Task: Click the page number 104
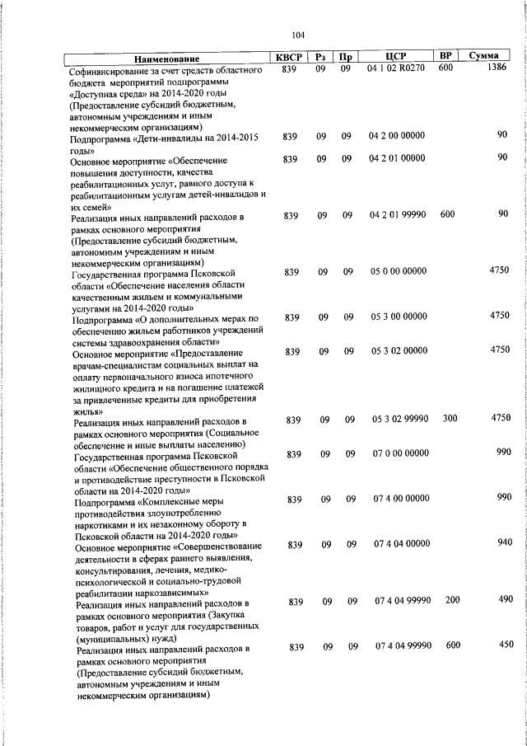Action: click(298, 34)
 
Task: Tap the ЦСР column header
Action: click(397, 57)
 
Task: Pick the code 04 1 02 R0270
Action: click(396, 69)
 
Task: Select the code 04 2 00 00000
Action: click(397, 135)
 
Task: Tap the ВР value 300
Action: click(450, 419)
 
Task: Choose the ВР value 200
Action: click(452, 600)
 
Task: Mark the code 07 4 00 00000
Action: click(401, 498)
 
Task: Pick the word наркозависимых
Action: click(161, 593)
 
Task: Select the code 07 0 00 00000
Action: click(401, 453)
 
